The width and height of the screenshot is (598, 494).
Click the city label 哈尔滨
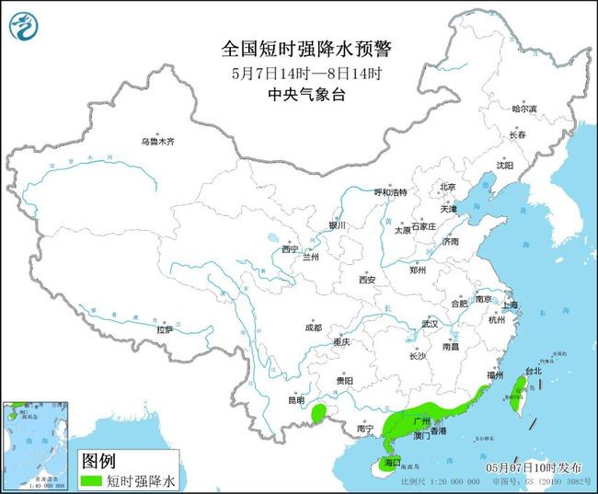click(x=523, y=109)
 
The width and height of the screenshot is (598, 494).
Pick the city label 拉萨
click(x=165, y=328)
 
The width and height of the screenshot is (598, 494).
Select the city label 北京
click(x=448, y=188)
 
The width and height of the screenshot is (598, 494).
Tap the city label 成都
click(x=313, y=327)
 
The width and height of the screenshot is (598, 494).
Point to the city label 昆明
click(x=295, y=400)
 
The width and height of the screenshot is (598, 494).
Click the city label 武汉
click(x=430, y=324)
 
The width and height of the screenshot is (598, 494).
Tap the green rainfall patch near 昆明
click(x=318, y=414)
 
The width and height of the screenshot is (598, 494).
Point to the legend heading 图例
click(x=98, y=460)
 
